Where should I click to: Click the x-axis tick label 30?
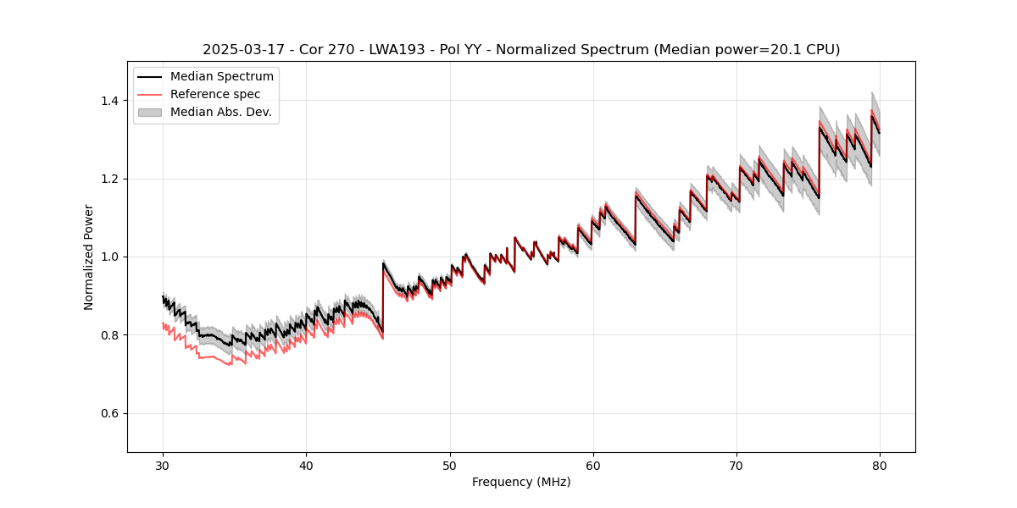(164, 466)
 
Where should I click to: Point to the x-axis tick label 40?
(307, 466)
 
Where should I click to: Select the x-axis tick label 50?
(450, 466)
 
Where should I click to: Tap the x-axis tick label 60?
(593, 466)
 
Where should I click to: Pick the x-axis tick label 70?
(736, 466)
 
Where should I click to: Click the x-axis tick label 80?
(880, 466)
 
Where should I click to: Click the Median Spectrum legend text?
(221, 77)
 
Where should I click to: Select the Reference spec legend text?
(215, 94)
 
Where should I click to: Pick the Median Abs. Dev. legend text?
(220, 112)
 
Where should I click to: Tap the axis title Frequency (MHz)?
(521, 482)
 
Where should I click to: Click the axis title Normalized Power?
(88, 257)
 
